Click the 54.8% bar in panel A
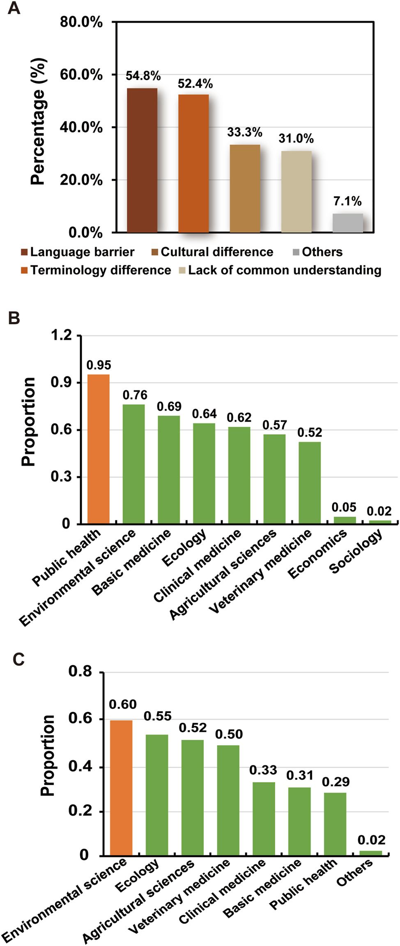(x=142, y=160)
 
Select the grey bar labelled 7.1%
(x=347, y=223)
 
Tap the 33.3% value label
(x=245, y=132)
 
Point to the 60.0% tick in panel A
(x=81, y=75)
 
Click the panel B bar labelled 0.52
(x=310, y=482)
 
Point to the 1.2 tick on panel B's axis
(x=61, y=335)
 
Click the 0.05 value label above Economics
(x=344, y=507)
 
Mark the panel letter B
(x=14, y=318)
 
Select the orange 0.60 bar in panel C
(x=121, y=788)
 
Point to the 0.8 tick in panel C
(x=80, y=672)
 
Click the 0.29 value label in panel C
(x=336, y=782)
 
